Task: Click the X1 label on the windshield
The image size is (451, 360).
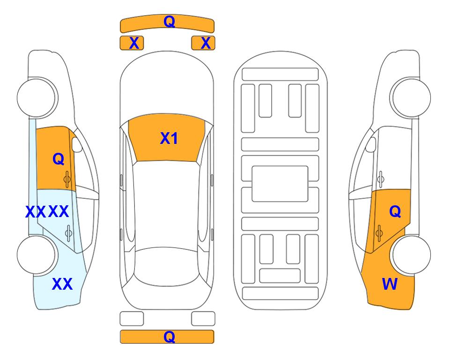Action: (169, 138)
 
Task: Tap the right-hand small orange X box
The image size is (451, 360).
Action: (203, 43)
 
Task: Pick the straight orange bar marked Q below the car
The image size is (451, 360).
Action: (167, 337)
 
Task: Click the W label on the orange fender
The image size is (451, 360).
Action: (390, 284)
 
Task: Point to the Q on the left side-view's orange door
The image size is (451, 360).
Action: (58, 159)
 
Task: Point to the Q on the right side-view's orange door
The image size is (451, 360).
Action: (395, 212)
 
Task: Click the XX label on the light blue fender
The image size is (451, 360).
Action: (62, 284)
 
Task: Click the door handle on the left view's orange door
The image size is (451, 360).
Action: (67, 179)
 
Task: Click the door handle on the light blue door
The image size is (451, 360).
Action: (68, 232)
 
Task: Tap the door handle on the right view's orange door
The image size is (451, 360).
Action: (379, 232)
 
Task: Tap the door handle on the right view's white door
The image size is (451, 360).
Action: (380, 179)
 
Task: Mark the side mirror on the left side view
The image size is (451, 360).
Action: (77, 145)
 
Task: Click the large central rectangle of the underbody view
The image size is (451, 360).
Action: (280, 184)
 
